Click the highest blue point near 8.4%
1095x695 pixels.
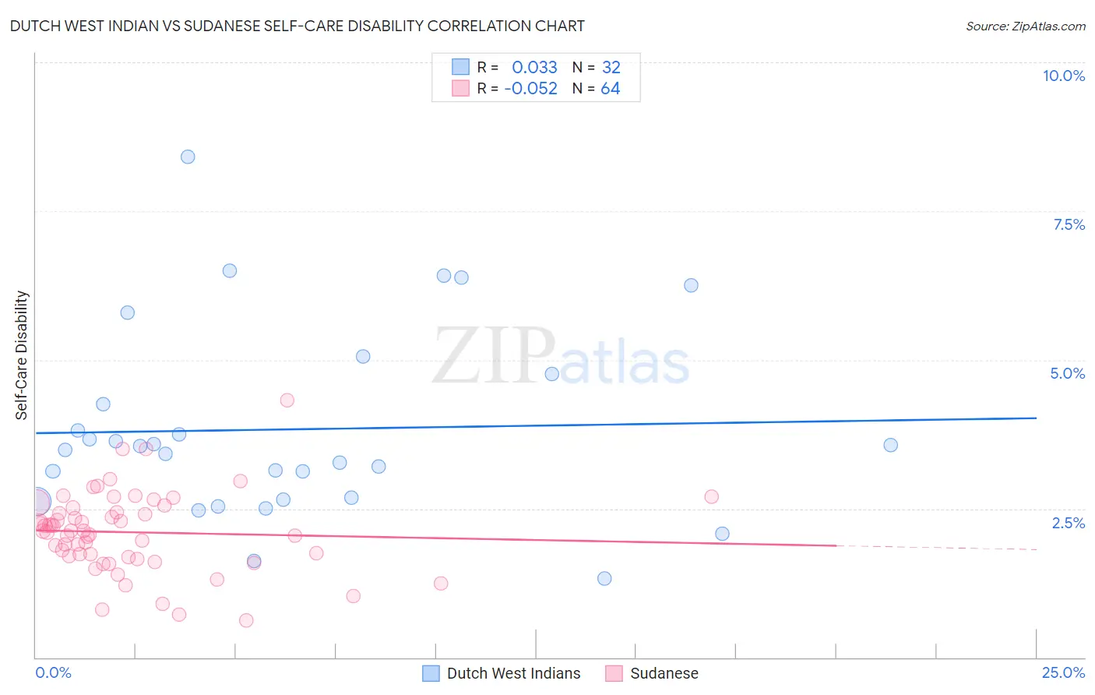point(188,157)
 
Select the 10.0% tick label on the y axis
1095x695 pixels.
point(1063,76)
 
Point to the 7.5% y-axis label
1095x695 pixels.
point(1069,224)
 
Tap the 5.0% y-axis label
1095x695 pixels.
point(1067,373)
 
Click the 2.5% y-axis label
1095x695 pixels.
point(1068,523)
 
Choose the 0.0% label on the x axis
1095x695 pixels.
point(53,672)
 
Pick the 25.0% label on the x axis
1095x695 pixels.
point(1063,672)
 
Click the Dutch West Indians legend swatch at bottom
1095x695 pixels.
point(431,673)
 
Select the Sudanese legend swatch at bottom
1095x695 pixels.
point(614,673)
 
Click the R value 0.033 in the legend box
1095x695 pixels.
point(534,67)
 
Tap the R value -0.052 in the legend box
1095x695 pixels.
point(530,88)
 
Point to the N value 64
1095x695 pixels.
point(610,88)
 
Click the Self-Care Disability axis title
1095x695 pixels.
point(22,355)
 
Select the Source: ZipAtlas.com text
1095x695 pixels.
point(1025,26)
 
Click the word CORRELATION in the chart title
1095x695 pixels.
point(481,26)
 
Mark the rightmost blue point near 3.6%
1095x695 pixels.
point(890,445)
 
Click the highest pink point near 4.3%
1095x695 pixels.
point(287,400)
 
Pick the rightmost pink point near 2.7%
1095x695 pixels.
point(711,496)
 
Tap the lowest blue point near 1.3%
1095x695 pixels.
point(604,578)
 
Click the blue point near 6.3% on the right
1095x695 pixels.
point(691,285)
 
